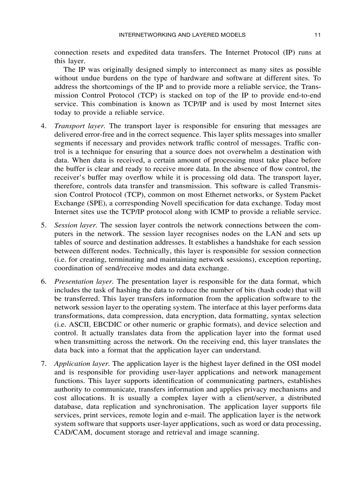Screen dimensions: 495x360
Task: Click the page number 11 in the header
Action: point(317,35)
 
